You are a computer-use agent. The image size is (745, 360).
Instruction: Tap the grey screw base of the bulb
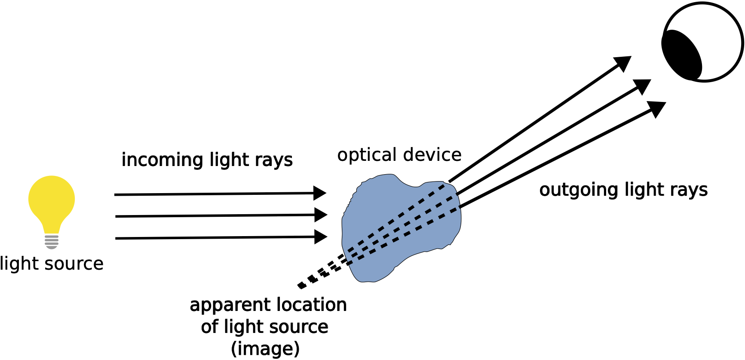52,241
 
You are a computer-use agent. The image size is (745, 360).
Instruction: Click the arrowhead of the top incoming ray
320,193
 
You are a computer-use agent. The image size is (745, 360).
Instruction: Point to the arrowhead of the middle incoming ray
321,215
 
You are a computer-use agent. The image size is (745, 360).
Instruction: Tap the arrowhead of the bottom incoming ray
321,237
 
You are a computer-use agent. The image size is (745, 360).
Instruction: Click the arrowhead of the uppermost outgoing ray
623,63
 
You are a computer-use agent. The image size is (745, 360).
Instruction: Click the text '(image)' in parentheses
265,348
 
